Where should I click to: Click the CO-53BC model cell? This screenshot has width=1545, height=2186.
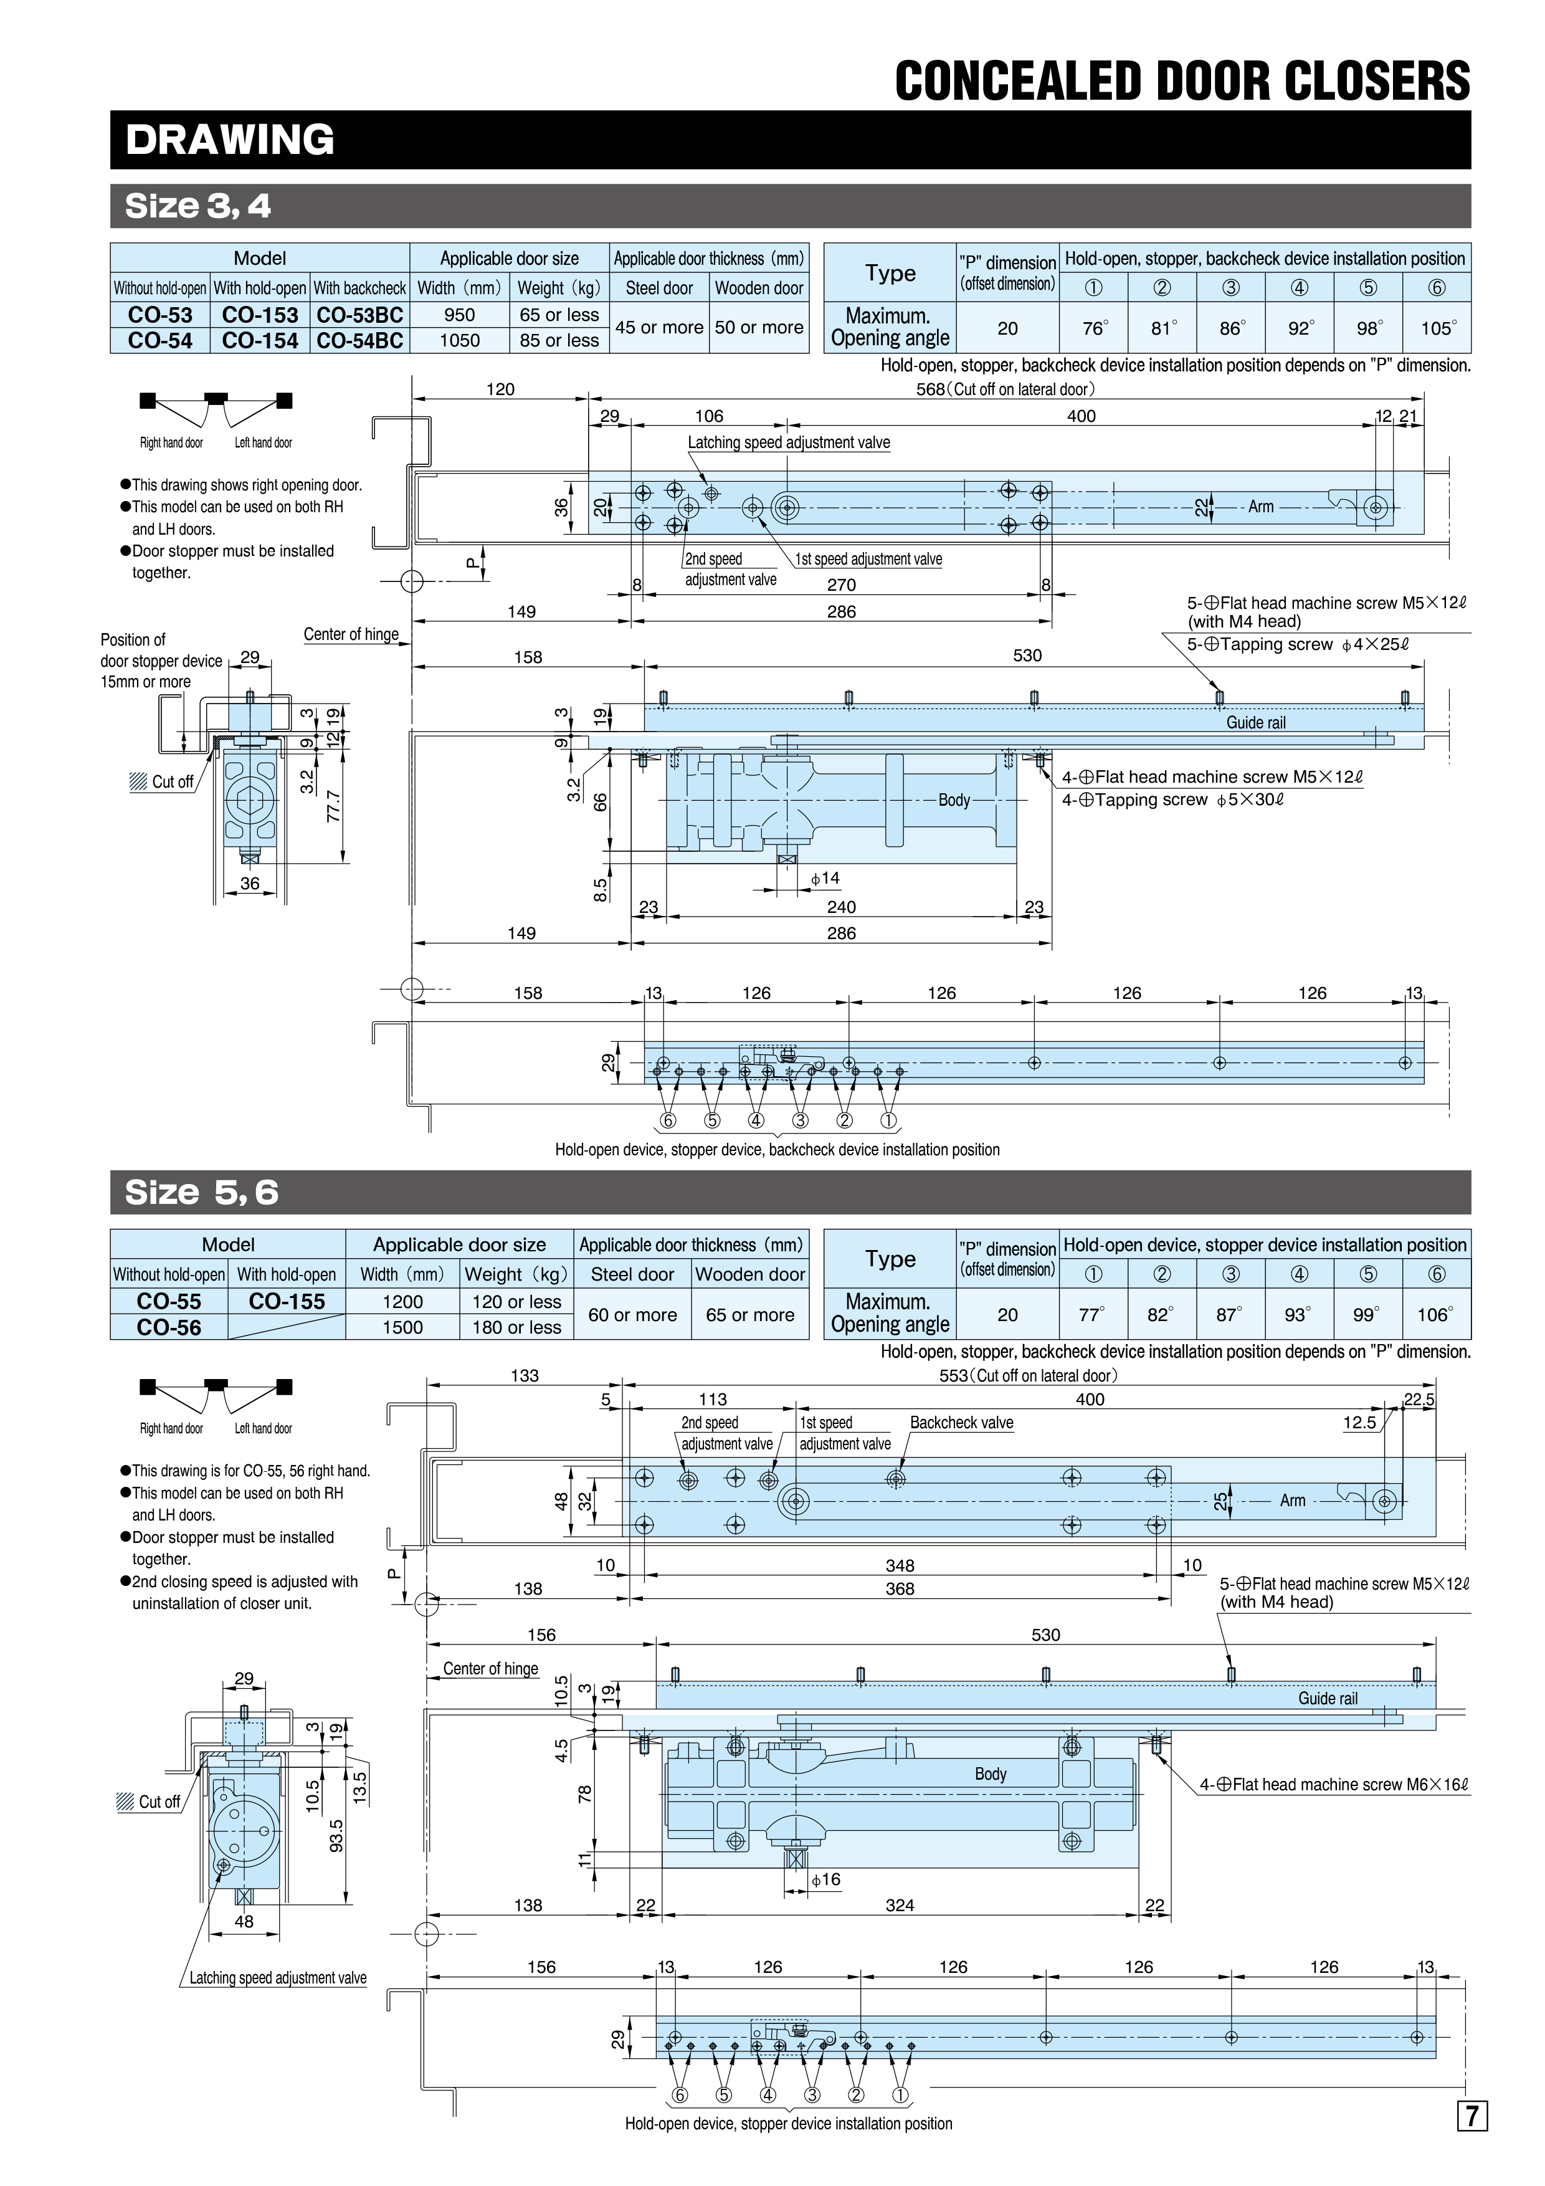point(360,315)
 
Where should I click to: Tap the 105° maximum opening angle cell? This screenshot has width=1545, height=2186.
point(1437,328)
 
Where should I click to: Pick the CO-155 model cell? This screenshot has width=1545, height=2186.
point(287,1302)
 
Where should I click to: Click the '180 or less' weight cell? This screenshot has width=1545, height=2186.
point(517,1327)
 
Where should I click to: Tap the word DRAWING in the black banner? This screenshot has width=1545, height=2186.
point(231,140)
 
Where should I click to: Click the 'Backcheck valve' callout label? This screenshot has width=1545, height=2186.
point(961,1423)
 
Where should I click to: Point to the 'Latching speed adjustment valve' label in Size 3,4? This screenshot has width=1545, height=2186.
point(789,442)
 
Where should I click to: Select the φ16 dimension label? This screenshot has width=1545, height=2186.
point(825,1879)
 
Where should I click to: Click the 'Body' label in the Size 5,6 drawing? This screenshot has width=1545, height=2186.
point(990,1773)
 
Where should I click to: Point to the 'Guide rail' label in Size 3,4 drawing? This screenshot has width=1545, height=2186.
point(1255,723)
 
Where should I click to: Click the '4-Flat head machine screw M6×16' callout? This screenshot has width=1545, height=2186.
point(1334,1784)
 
